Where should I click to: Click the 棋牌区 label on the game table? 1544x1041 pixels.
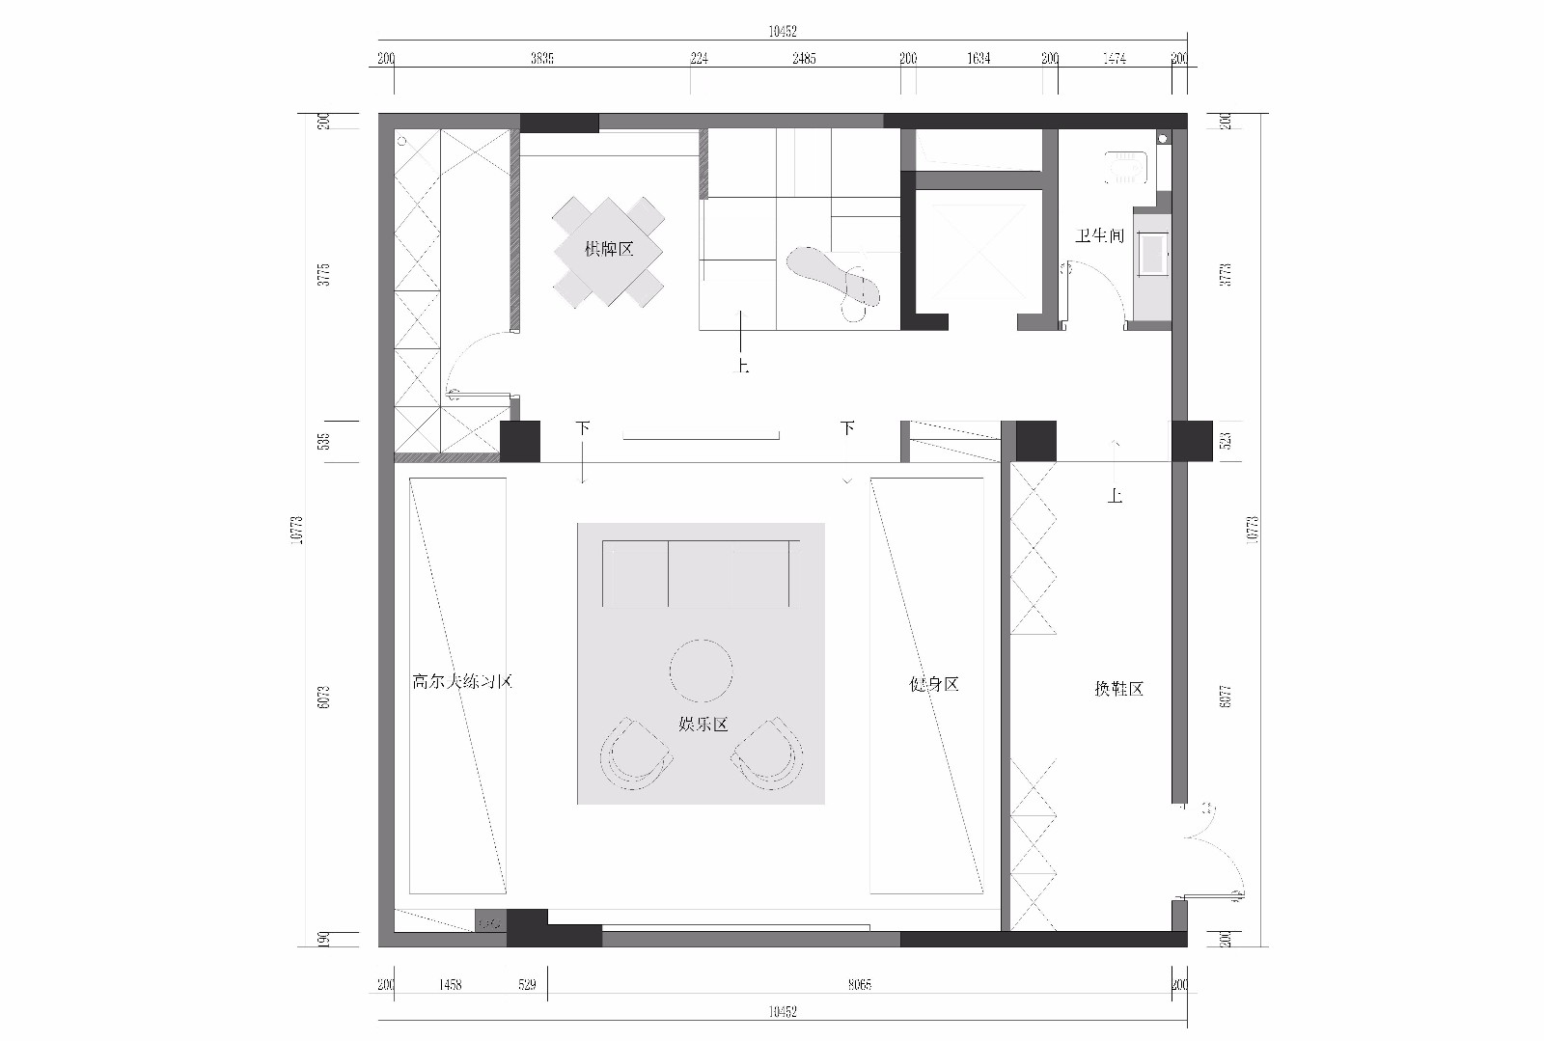pos(609,249)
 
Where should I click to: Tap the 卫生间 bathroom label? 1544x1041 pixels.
pos(1099,235)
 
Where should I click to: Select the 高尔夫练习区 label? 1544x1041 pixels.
pos(461,682)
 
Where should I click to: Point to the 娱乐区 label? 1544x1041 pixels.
pos(703,724)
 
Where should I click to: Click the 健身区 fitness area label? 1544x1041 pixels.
pos(934,684)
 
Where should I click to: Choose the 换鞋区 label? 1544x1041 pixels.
pos(1118,689)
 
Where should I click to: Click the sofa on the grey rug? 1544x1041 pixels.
pos(702,573)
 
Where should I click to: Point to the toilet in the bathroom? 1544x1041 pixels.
pos(1125,167)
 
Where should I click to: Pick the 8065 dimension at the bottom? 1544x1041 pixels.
pos(859,985)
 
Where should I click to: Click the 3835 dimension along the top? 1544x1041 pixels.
pos(542,59)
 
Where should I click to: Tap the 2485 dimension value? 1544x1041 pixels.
pos(804,59)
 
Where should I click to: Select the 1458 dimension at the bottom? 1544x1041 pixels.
pos(450,985)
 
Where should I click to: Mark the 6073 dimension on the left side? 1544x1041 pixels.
pos(324,697)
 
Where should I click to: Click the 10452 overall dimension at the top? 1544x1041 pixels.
pos(783,32)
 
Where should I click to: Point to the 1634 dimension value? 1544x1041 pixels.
pos(979,59)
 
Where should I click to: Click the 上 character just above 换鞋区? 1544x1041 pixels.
pos(1116,496)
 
